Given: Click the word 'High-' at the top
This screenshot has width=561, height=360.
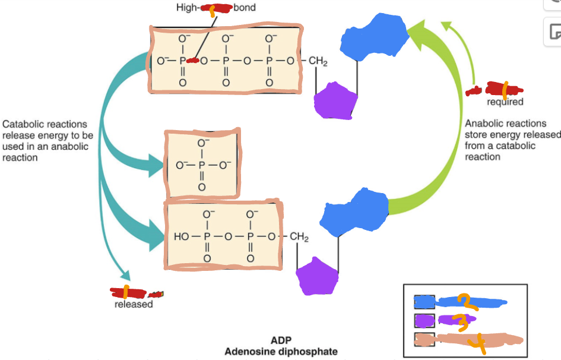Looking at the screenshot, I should [x=188, y=8].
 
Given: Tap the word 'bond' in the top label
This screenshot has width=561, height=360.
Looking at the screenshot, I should [x=245, y=8].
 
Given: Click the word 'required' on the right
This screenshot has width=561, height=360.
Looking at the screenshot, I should [x=505, y=102].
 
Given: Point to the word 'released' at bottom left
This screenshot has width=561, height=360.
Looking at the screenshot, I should [x=134, y=305].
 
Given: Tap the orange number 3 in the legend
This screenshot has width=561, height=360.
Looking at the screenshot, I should [x=461, y=321].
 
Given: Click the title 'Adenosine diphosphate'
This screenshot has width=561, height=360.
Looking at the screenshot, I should [x=280, y=351].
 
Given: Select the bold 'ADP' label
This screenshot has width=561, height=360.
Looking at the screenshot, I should [x=281, y=340].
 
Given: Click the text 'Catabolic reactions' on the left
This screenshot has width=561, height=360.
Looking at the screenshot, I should [x=45, y=125].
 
